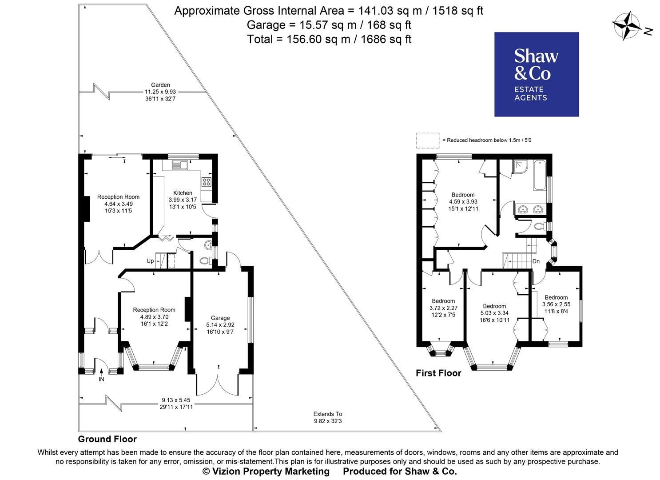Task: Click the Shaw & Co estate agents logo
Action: point(537,74)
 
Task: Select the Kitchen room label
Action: point(183,193)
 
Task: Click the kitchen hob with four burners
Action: point(207,181)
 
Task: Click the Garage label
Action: point(220,318)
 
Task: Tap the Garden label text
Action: point(160,85)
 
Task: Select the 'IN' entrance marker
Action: point(101,379)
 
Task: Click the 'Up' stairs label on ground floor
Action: point(151,261)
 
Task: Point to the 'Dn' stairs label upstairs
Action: point(536,261)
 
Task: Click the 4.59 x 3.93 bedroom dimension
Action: point(463,202)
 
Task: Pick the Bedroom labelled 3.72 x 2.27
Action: point(443,308)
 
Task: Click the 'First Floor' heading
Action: point(438,373)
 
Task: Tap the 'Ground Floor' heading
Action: point(107,439)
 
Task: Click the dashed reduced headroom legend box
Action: point(427,140)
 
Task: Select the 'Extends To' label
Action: point(328,414)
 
